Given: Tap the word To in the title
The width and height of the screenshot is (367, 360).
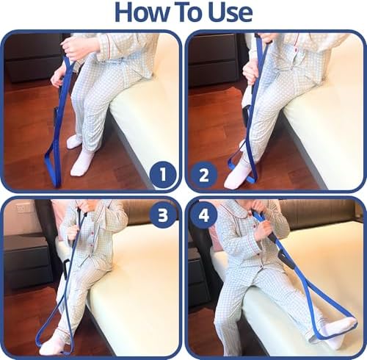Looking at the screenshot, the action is coord(191,12).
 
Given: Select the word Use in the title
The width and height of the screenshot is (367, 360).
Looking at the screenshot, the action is coord(231,12).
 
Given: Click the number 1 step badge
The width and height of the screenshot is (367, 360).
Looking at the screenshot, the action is coord(163,175).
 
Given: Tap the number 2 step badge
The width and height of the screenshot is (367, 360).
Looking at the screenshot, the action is coord(203,175).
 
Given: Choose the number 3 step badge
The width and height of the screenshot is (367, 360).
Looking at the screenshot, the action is coord(163,215).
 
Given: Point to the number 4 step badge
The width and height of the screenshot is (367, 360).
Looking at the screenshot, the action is coord(204,215).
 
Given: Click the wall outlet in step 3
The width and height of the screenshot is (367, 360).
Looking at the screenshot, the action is coord(23,209).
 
